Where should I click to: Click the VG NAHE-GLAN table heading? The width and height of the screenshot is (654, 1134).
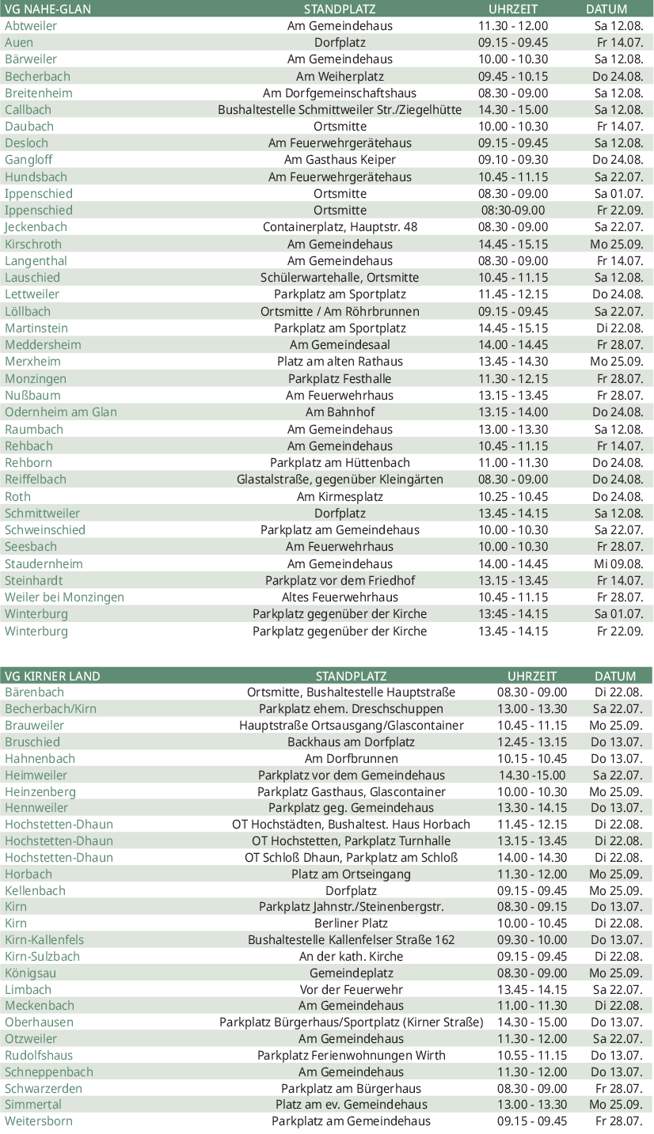[48, 9]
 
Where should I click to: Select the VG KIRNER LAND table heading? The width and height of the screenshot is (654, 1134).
[52, 676]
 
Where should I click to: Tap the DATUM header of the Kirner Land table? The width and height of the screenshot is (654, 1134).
[615, 676]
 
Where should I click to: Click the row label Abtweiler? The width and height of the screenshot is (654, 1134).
[31, 25]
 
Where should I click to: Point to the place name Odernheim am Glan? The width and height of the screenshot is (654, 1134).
[61, 412]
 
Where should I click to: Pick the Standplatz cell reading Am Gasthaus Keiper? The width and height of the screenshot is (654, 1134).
[340, 160]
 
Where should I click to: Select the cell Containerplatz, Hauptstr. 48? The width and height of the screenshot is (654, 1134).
[340, 227]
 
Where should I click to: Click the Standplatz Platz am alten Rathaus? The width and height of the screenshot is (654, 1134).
[340, 362]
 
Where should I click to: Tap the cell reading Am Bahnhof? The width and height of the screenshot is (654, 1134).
[340, 412]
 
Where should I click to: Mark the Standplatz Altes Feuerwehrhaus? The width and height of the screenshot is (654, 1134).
[340, 597]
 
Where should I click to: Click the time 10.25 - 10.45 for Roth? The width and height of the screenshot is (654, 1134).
[512, 497]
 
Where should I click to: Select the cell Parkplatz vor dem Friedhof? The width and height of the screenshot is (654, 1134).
[340, 581]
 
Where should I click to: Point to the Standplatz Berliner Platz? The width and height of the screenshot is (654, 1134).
[351, 924]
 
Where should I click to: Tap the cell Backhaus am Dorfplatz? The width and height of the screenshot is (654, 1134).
[351, 742]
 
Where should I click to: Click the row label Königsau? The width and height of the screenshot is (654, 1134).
[30, 973]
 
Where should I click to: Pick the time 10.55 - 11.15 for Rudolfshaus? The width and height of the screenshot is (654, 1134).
[532, 1056]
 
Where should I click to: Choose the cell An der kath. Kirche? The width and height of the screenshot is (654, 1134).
[351, 957]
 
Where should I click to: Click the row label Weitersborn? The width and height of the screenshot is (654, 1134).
[38, 1121]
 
